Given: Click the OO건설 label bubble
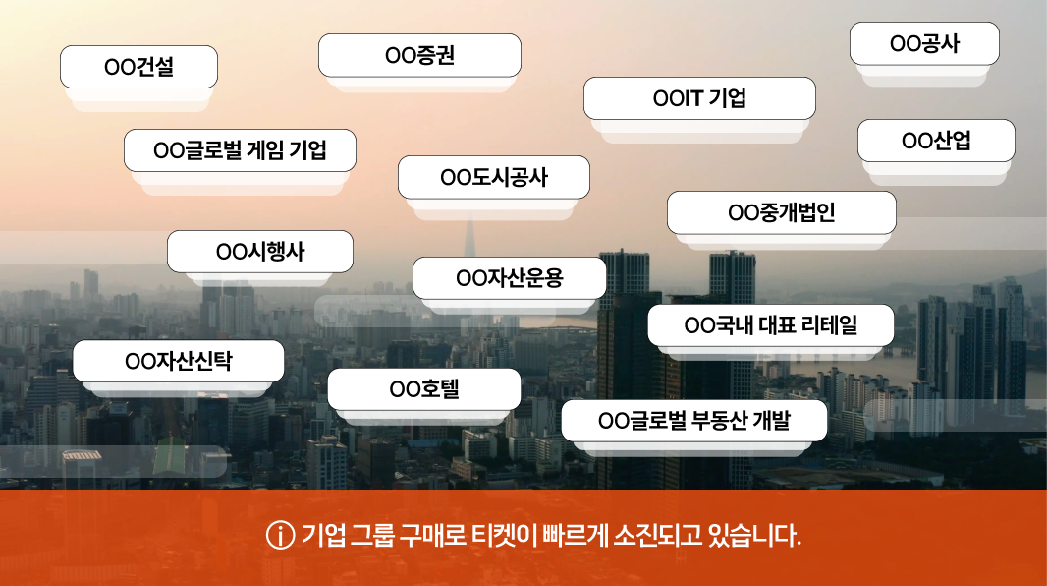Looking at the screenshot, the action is pyautogui.click(x=138, y=67).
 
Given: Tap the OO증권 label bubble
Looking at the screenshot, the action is pyautogui.click(x=419, y=55).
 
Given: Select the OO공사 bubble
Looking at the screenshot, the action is pyautogui.click(x=924, y=43).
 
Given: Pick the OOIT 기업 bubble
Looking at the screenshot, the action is pyautogui.click(x=699, y=98).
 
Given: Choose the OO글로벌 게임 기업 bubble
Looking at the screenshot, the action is pyautogui.click(x=240, y=150).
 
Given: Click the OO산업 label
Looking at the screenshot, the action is pyautogui.click(x=936, y=141).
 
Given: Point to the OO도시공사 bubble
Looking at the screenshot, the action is pyautogui.click(x=493, y=177).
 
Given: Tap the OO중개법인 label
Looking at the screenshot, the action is pyautogui.click(x=781, y=212).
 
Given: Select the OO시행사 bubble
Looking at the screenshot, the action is pyautogui.click(x=259, y=252).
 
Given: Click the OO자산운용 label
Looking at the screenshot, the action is pyautogui.click(x=510, y=278).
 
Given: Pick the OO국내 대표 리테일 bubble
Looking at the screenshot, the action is pyautogui.click(x=771, y=325).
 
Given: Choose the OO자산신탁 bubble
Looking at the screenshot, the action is pyautogui.click(x=179, y=361).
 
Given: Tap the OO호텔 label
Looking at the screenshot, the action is pyautogui.click(x=424, y=389).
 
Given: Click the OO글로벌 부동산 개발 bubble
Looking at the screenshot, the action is pyautogui.click(x=693, y=420).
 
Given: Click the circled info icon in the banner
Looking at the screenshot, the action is pyautogui.click(x=281, y=535).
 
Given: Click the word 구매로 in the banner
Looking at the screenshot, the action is pyautogui.click(x=432, y=535).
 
